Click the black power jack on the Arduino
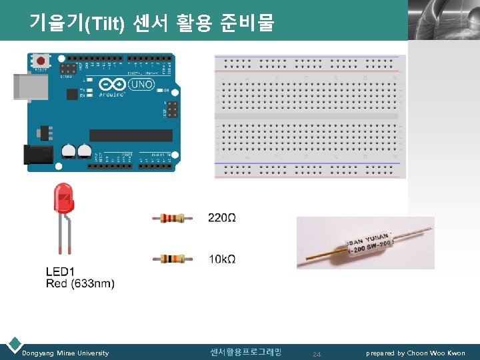pos(37,155)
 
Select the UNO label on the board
pos(142,85)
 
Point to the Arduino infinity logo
pos(109,85)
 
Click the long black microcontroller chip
pos(131,135)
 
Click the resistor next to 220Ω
pos(173,217)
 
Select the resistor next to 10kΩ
pos(173,259)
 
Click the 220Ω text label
pos(222,217)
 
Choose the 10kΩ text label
pos(221,259)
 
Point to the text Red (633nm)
pos(80,283)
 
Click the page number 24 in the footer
pos(317,354)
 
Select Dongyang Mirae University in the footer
pos(65,353)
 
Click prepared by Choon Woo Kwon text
pos(415,353)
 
